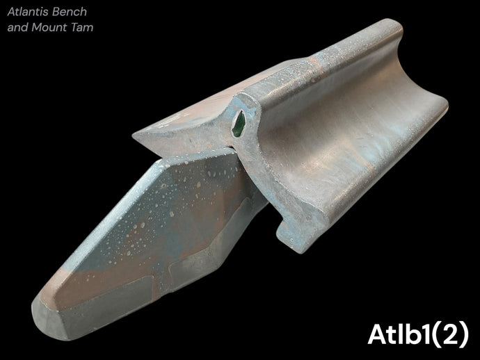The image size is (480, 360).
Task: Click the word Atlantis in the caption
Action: tap(28, 12)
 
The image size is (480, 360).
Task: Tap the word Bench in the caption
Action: tap(70, 12)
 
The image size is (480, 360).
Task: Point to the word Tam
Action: tap(81, 27)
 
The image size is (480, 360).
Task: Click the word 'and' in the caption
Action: tap(18, 27)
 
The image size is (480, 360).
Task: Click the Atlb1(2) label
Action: tap(418, 335)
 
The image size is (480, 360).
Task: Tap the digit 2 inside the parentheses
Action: tap(450, 334)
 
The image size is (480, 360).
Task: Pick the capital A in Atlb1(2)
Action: tap(378, 334)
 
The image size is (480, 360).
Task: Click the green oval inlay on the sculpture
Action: tap(239, 123)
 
